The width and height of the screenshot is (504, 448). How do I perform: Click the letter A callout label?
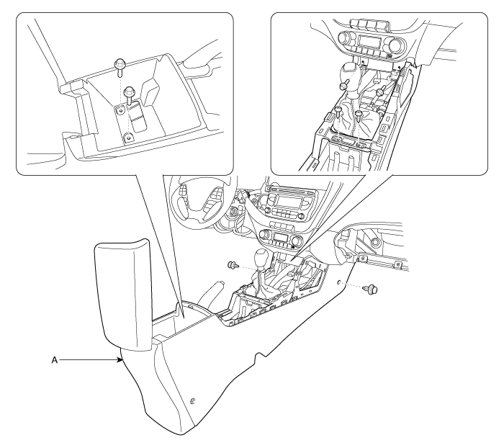(54, 360)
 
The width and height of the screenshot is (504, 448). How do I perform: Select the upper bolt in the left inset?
(120, 67)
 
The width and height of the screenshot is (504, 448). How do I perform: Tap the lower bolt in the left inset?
(130, 94)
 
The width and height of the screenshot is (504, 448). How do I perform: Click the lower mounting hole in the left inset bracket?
(129, 138)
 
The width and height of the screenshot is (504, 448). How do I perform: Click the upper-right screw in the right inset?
(381, 91)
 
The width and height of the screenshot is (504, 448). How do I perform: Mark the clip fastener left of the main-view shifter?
(233, 265)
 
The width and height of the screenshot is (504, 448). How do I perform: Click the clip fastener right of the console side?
(371, 289)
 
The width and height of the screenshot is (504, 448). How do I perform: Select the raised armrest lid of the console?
(122, 295)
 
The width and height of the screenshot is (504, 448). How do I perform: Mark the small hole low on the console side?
(193, 400)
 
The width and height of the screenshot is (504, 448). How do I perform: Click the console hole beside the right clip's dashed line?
(339, 282)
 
